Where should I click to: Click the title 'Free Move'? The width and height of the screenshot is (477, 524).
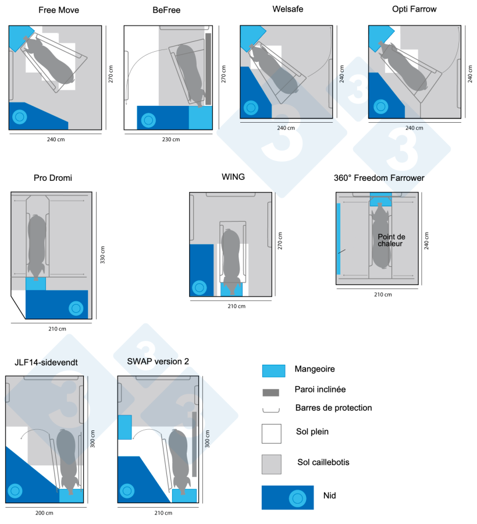59,10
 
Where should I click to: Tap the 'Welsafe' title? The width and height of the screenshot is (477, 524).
288,9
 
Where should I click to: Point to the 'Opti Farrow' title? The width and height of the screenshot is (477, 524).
414,9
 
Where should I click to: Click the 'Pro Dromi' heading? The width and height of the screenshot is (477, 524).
53,177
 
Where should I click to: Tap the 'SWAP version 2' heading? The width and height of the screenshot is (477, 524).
158,361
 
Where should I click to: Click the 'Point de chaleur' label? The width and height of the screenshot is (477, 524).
391,240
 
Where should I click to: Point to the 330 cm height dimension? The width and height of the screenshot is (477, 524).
102,255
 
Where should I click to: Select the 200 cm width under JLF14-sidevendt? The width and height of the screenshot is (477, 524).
45,512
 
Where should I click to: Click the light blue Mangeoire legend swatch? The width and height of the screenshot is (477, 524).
273,370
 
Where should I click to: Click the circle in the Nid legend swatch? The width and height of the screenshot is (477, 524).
298,498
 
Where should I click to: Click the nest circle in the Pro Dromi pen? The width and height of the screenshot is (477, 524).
75,308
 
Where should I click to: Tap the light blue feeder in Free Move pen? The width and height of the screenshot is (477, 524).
20,35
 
